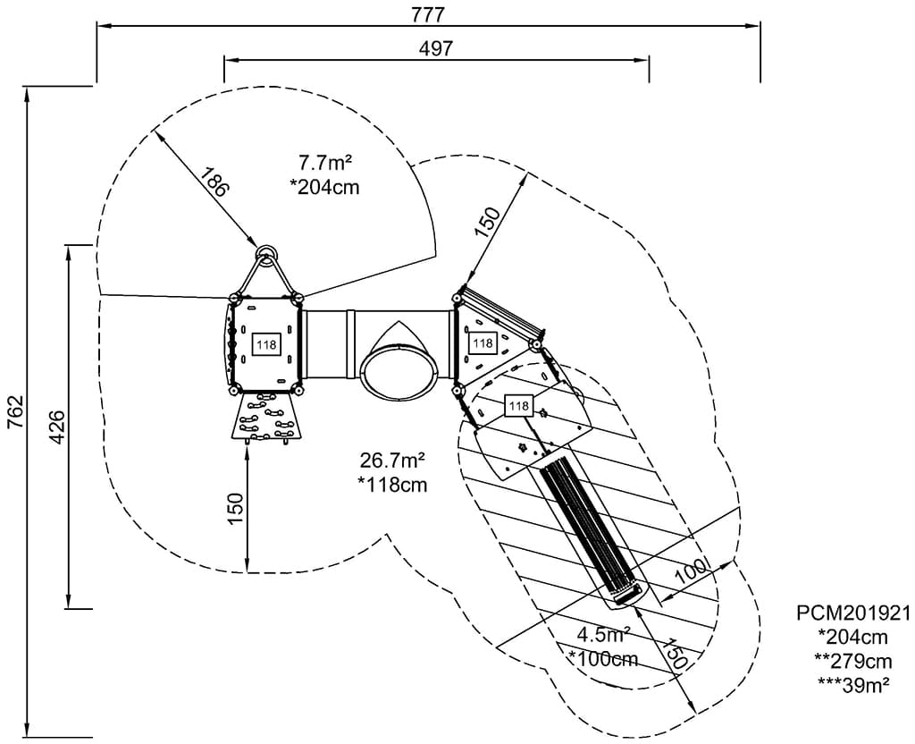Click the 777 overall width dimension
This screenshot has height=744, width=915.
point(428,14)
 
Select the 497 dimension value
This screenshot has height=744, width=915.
point(436,48)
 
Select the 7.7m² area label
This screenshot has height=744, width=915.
point(324,163)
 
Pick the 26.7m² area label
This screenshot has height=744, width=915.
point(391,461)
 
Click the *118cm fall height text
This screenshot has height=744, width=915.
point(391,486)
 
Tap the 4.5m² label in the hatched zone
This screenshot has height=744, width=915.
point(603,636)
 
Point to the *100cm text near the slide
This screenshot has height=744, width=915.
point(603,659)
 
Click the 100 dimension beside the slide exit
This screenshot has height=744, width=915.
point(691,572)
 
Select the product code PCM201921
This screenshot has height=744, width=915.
point(853,613)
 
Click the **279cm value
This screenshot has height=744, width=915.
point(853,661)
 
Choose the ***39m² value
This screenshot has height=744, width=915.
point(853,684)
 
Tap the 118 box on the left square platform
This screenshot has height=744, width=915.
point(266,344)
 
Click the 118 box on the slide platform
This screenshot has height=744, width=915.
point(518,407)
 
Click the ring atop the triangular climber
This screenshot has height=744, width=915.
point(266,253)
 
